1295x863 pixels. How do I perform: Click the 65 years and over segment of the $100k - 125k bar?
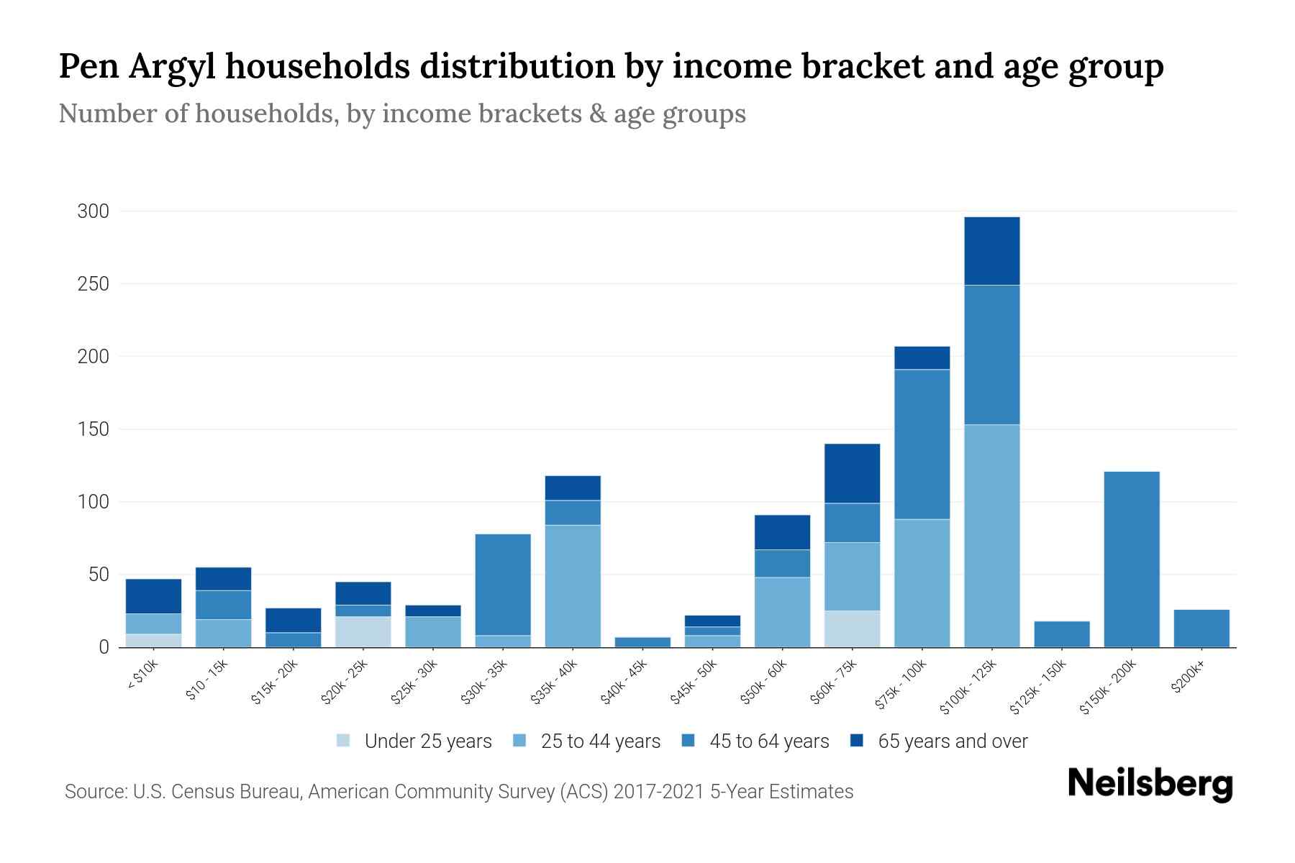[991, 251]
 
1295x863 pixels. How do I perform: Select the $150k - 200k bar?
[1131, 560]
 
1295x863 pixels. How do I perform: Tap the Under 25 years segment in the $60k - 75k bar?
[852, 629]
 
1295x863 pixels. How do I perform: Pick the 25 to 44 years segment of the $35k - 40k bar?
[573, 586]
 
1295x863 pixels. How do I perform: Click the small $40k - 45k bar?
[642, 642]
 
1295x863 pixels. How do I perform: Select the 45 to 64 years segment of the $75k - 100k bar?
[922, 444]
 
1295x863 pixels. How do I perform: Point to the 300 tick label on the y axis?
[94, 211]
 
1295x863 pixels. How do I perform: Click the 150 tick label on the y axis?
[94, 429]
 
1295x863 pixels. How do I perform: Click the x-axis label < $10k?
[142, 677]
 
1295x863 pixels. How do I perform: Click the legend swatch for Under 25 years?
[343, 741]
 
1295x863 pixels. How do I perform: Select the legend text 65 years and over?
[953, 741]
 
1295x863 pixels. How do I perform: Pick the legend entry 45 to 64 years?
[769, 741]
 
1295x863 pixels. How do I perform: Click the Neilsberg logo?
[1150, 784]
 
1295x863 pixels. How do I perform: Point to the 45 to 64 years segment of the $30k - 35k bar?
[503, 585]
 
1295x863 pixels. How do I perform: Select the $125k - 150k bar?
[1061, 634]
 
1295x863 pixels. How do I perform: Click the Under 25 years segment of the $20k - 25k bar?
[363, 632]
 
